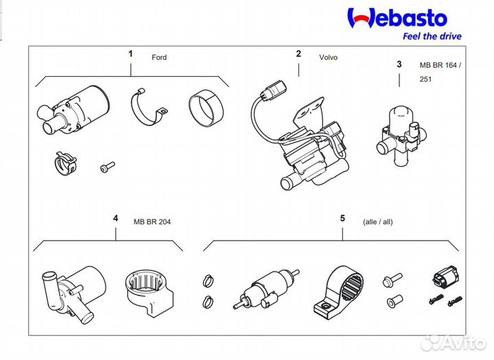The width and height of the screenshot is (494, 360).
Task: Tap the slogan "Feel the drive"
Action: [430, 36]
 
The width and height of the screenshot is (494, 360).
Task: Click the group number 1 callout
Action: [130, 52]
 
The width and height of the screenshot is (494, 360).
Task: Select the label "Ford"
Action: [159, 58]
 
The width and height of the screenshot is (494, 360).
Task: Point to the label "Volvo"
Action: [328, 58]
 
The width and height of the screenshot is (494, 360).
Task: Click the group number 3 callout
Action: [399, 64]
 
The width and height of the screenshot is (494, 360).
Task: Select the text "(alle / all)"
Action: [377, 221]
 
